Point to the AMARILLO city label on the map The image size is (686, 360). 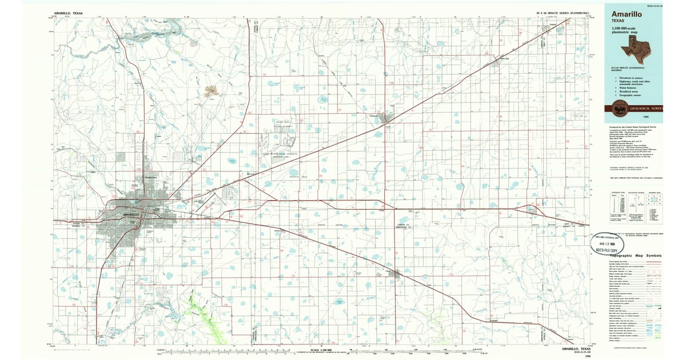pyautogui.click(x=131, y=214)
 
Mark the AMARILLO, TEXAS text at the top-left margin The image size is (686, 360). pyautogui.click(x=68, y=12)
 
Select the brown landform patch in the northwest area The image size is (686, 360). pyautogui.click(x=211, y=91)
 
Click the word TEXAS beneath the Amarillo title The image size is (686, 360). pyautogui.click(x=620, y=24)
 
